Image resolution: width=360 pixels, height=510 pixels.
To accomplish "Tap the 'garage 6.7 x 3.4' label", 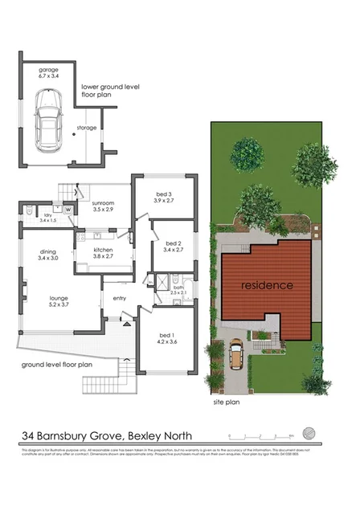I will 49,75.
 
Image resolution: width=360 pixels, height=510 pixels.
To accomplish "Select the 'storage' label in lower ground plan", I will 86,128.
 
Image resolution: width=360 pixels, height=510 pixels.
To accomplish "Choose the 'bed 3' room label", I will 164,198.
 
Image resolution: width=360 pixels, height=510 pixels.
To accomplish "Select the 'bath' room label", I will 178,291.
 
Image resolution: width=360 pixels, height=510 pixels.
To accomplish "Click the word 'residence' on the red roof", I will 264,285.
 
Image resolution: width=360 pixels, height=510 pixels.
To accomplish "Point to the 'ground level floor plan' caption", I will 58,364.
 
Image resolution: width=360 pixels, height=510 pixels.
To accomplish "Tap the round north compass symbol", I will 321,435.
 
